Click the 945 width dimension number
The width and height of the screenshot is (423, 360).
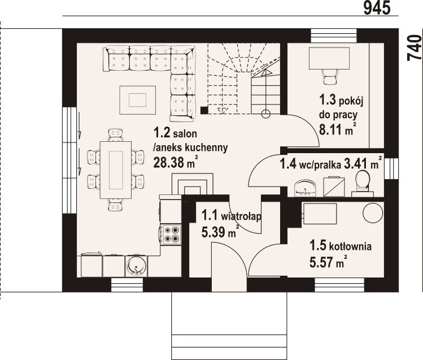(377, 8)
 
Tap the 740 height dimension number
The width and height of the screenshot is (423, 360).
(415, 48)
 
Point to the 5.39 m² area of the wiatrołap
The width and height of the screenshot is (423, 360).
(220, 232)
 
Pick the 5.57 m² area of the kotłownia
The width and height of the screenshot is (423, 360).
(328, 261)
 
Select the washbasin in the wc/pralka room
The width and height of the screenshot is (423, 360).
(306, 188)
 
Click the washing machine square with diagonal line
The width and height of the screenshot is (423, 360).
(334, 186)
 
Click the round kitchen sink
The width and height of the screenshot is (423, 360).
(136, 267)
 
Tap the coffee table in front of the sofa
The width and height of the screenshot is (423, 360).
(138, 100)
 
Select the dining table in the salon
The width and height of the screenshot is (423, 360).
(116, 170)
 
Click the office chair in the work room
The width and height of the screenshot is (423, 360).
(329, 77)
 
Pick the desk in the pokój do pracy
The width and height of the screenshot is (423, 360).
(329, 58)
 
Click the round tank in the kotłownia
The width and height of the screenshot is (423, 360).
(373, 212)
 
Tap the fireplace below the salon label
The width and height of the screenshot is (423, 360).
(193, 184)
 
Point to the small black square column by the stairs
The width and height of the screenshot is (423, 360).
(204, 110)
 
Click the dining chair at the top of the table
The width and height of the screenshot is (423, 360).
(116, 135)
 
